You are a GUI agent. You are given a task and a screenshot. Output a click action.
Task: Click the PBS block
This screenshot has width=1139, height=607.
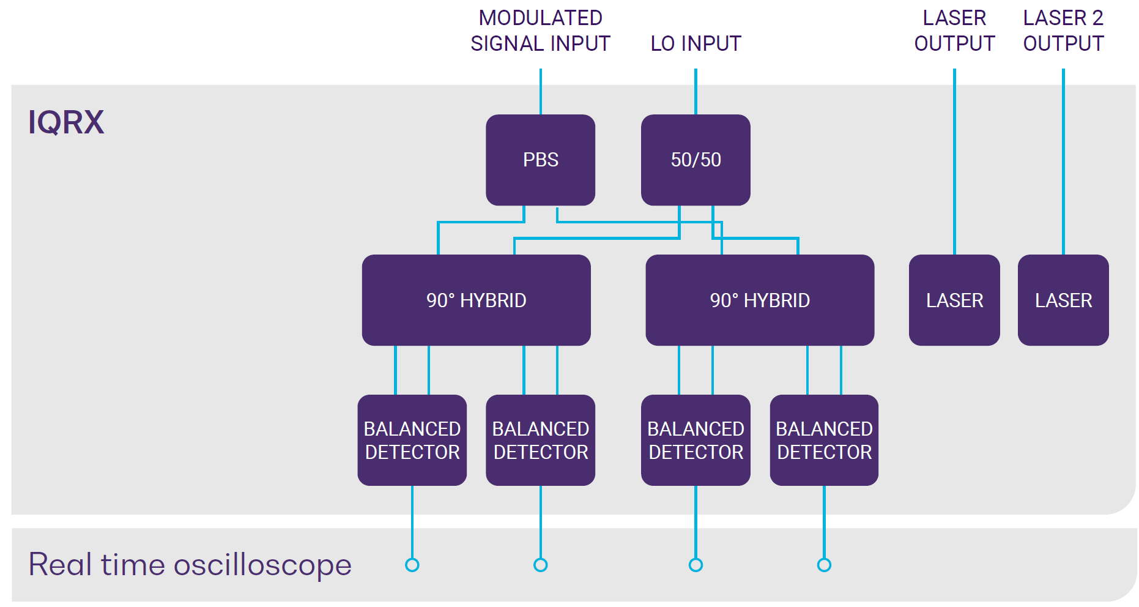pos(540,160)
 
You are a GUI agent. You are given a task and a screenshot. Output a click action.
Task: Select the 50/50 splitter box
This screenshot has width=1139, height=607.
pos(696,160)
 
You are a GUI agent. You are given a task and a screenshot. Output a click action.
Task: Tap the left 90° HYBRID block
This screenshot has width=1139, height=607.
pos(476,300)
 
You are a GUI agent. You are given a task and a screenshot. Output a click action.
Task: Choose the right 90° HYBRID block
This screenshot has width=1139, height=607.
pos(760,300)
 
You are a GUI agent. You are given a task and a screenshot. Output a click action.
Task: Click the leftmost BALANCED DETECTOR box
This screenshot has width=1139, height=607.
pos(412,440)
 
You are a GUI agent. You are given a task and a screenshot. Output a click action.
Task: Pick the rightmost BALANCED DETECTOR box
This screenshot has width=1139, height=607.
pos(824,440)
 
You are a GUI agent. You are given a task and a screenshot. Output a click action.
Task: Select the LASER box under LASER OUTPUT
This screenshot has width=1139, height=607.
pos(954,300)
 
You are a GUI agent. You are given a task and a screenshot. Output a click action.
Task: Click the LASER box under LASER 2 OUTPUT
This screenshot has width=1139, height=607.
pos(1063,300)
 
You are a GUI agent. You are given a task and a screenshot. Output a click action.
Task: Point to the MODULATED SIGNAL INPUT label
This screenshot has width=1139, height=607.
pos(540,31)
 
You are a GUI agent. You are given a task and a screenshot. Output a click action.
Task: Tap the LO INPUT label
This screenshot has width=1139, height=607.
pos(696,43)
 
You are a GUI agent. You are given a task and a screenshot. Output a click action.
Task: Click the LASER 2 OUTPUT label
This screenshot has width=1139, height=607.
pos(1063,31)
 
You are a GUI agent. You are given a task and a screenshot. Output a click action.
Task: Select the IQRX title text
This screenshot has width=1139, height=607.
pos(66,122)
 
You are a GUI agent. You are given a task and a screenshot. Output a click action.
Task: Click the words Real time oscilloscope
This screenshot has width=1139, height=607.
pos(190,564)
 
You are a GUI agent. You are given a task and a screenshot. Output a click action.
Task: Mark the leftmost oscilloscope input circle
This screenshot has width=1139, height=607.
pos(412,565)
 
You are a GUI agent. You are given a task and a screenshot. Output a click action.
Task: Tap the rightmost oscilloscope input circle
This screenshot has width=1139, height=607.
pos(824,565)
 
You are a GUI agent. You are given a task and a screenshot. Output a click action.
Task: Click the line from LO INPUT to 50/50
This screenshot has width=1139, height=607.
pos(696,92)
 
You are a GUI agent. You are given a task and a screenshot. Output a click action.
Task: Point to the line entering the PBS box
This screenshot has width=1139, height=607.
pos(540,92)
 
